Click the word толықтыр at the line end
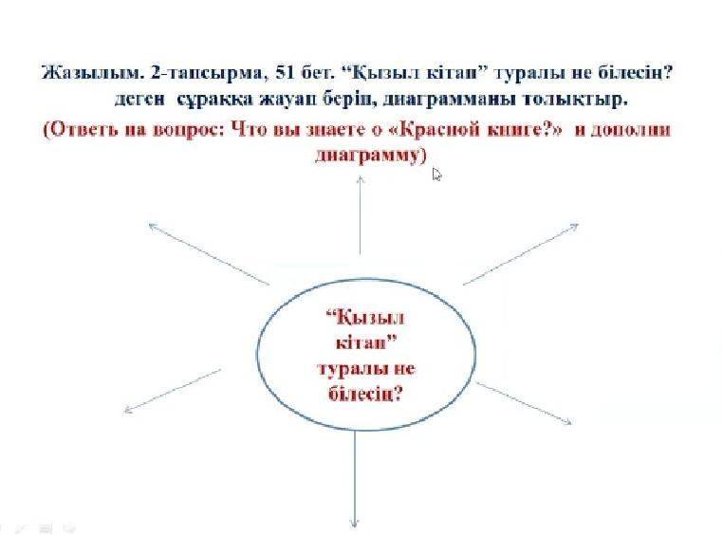[x=575, y=100]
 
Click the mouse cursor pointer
[x=436, y=175]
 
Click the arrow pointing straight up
[x=361, y=215]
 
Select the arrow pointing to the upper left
[x=209, y=254]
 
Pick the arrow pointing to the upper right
[x=521, y=254]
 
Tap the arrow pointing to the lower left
[x=173, y=391]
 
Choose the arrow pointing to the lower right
[x=524, y=403]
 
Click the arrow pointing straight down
[x=354, y=478]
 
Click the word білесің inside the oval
[x=365, y=393]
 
